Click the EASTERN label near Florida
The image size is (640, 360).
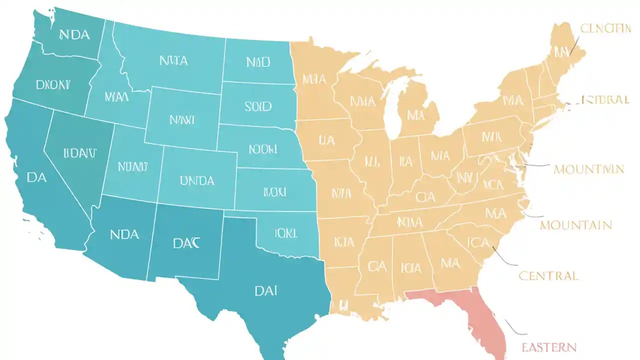(549, 347)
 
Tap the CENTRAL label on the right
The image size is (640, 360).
(548, 275)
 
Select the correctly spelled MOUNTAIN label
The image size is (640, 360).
(576, 225)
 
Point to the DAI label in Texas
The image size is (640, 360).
(266, 290)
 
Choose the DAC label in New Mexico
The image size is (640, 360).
(186, 243)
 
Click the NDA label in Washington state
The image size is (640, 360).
(74, 35)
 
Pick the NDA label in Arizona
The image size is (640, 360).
(124, 234)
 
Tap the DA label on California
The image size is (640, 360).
(36, 177)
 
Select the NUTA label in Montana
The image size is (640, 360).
(173, 61)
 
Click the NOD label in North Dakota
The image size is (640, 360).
(258, 62)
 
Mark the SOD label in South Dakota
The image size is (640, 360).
(258, 106)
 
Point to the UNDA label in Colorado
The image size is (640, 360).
(196, 180)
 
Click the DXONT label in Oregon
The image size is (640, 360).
(53, 85)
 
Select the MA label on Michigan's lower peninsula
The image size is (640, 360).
(415, 115)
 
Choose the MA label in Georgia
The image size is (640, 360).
(450, 262)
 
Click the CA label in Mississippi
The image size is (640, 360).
(377, 266)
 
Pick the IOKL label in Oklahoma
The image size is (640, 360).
(285, 233)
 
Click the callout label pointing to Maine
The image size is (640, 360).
(605, 28)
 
